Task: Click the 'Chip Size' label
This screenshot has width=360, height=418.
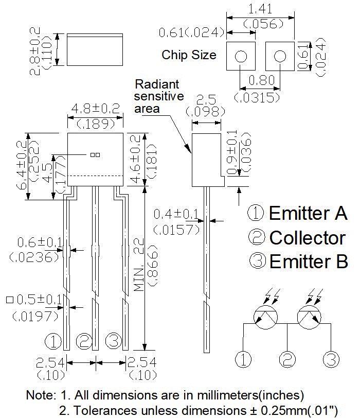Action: tap(189, 55)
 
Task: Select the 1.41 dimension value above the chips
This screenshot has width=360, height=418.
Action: tap(260, 9)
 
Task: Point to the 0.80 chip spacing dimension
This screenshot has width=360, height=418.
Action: tap(261, 80)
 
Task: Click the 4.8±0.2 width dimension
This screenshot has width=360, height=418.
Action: tap(96, 109)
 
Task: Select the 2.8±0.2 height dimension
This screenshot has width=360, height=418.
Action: tap(35, 51)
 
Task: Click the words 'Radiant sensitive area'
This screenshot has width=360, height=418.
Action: tap(159, 96)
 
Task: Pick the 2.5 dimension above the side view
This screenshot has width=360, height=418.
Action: tap(206, 100)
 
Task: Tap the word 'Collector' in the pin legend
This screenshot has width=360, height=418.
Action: tap(308, 237)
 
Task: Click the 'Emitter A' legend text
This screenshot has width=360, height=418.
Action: tap(309, 213)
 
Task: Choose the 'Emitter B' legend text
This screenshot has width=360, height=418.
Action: tap(309, 262)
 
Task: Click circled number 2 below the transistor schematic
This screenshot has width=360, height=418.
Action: tap(287, 359)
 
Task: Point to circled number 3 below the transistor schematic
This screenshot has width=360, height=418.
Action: tap(331, 359)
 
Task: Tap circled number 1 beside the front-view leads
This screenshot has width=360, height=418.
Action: tap(53, 341)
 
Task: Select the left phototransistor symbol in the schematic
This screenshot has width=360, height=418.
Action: tap(266, 317)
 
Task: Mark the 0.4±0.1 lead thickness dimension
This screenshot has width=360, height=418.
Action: tap(176, 214)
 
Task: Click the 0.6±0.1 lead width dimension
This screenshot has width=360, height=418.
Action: tap(40, 242)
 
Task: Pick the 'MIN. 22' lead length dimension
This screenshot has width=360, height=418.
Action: tap(139, 265)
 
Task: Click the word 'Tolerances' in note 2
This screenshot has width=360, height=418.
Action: tap(106, 410)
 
